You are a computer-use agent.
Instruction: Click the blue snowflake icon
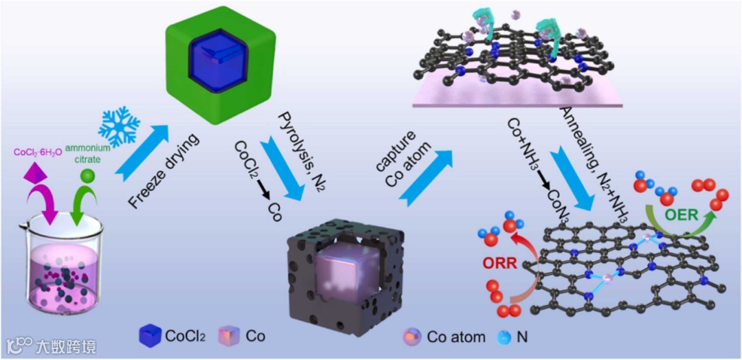click(119, 126)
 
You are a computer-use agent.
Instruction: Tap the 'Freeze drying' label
click(164, 172)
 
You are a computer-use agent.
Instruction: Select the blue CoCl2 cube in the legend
click(149, 336)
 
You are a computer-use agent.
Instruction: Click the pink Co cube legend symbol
click(229, 336)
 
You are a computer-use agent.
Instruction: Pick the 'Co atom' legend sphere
click(412, 337)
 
